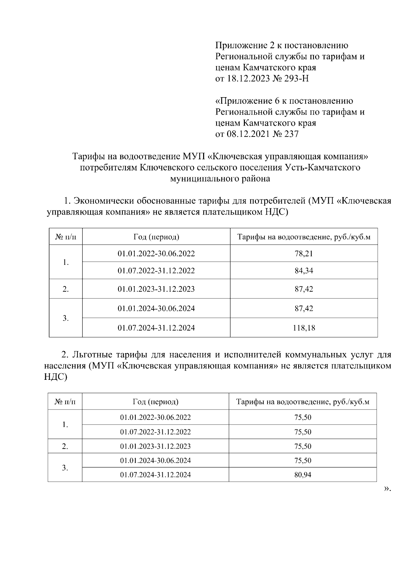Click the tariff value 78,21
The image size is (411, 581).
pos(304,254)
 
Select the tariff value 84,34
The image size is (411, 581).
pos(304,271)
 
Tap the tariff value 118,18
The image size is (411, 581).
pos(304,328)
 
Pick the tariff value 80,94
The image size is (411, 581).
pos(303,475)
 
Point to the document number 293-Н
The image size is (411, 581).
pos(296,79)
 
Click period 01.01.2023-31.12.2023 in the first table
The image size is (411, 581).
pos(156,289)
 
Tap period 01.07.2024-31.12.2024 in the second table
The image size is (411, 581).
pos(155,475)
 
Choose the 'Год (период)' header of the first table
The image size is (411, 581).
pos(156,237)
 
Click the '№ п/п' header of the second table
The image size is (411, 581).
pos(65,402)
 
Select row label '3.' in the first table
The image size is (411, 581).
pos(66,318)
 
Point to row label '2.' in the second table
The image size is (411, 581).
pos(65,446)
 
